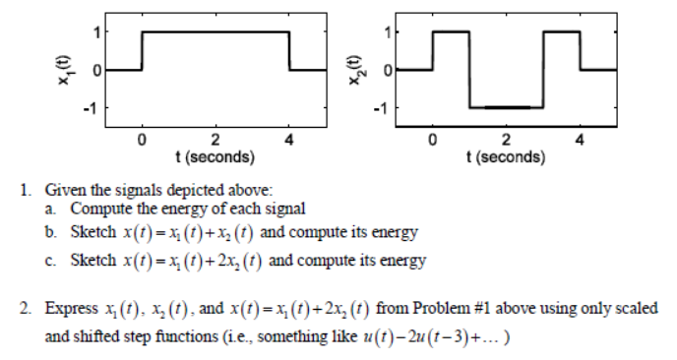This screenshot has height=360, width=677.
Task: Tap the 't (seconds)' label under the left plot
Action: pyautogui.click(x=215, y=156)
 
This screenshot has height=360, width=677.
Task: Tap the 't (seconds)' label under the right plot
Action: pyautogui.click(x=505, y=156)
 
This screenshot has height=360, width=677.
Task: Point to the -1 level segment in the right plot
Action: pyautogui.click(x=506, y=106)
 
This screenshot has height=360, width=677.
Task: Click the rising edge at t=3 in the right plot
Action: pyautogui.click(x=542, y=69)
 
